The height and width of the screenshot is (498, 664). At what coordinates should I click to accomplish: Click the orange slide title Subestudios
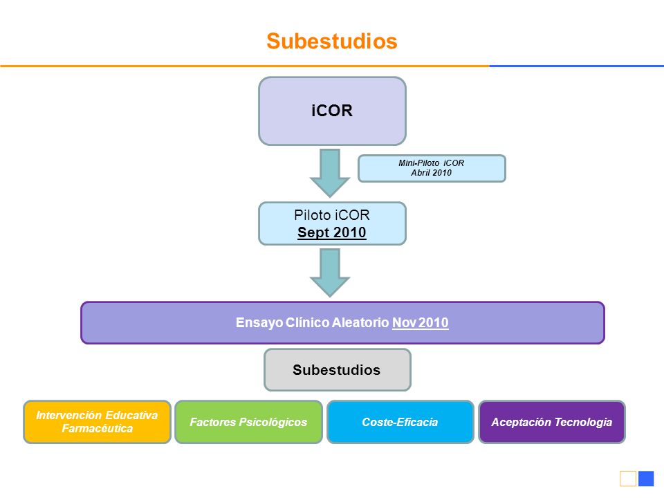(332, 41)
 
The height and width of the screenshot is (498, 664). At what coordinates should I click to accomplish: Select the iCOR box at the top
(333, 111)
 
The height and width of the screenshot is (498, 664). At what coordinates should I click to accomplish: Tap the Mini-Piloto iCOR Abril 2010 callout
(432, 168)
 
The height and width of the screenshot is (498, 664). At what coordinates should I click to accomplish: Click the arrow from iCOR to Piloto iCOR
(330, 173)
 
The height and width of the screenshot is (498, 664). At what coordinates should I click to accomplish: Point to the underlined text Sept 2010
(331, 232)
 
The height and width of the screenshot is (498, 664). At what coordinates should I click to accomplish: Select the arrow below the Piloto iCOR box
(330, 273)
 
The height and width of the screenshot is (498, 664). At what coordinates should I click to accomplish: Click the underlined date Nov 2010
(420, 323)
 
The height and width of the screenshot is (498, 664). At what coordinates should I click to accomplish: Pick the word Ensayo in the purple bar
(259, 323)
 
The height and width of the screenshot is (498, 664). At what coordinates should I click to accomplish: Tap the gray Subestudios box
(338, 369)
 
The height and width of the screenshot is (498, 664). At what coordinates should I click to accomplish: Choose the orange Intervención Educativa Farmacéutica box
(97, 422)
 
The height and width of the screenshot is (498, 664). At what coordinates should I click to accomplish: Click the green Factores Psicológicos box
(248, 422)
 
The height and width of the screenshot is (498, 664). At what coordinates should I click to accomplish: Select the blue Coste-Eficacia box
(400, 422)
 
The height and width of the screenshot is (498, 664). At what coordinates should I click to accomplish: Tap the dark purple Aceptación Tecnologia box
(552, 422)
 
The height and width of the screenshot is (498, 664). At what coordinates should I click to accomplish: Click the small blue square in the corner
(646, 479)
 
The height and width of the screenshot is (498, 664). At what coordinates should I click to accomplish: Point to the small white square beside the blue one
(628, 479)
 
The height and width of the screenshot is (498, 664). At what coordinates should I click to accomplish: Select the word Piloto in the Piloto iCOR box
(312, 215)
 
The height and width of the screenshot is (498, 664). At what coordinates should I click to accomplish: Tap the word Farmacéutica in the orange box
(98, 429)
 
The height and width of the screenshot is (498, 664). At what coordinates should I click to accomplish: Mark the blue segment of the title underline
(577, 66)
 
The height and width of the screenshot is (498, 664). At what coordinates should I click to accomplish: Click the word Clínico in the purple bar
(307, 323)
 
